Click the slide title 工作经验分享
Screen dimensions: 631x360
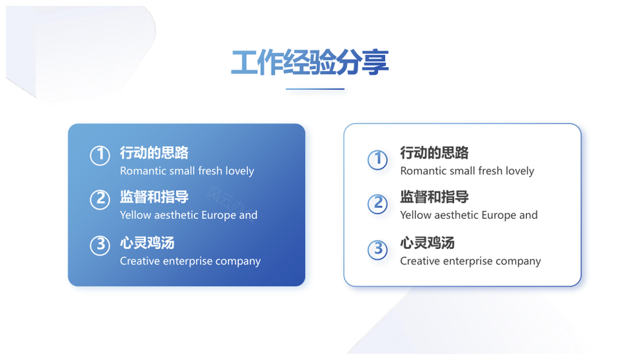click(310, 62)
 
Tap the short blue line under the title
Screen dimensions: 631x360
click(315, 89)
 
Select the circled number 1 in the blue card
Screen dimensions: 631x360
click(100, 155)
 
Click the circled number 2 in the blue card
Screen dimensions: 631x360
click(100, 200)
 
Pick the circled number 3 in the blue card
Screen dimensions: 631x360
click(100, 245)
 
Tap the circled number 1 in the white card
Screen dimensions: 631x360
click(378, 160)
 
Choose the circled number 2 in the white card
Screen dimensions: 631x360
click(378, 204)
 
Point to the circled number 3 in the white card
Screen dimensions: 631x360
click(378, 250)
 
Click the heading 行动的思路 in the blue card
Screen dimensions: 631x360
click(154, 153)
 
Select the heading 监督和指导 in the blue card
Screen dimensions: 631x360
click(154, 197)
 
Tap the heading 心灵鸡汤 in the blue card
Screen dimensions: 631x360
click(147, 243)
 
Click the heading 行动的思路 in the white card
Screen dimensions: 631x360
click(434, 153)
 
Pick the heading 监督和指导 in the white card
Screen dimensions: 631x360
click(434, 197)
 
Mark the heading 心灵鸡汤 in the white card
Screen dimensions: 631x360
click(427, 243)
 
